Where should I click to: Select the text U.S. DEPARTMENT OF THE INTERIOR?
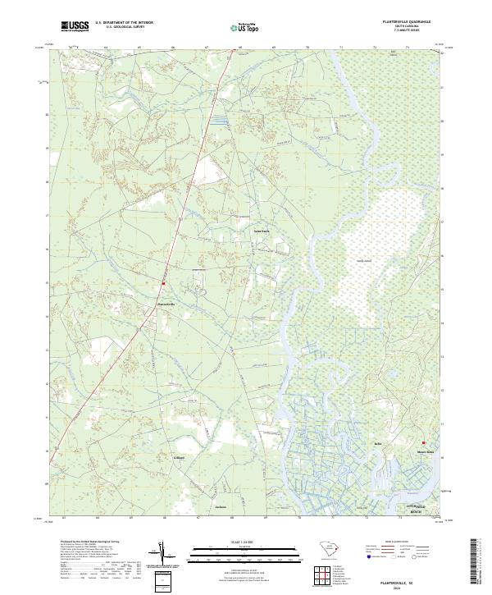click(x=125, y=23)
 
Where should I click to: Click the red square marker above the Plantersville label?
click(x=163, y=284)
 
